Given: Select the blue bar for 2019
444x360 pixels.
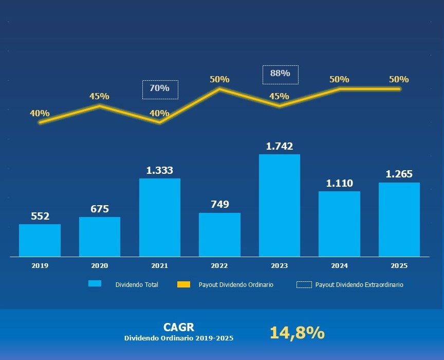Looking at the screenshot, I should (x=40, y=240).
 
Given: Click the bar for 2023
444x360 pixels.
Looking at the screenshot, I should (x=280, y=205).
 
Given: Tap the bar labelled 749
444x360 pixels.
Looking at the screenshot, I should (x=219, y=235).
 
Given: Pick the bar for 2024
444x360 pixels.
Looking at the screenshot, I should (x=339, y=224).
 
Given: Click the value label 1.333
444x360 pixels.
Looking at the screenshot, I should (x=159, y=170).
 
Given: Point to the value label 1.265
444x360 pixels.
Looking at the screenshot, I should (x=399, y=174).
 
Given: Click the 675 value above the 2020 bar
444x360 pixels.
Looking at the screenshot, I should (x=99, y=209).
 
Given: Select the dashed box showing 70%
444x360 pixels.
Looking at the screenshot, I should (x=160, y=89).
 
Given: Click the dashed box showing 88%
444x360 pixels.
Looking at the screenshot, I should (x=280, y=74).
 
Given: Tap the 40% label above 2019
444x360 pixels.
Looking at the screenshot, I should (x=40, y=113).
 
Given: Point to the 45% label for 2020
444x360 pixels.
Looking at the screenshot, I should (x=99, y=96).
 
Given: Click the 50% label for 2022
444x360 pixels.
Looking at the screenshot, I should (x=219, y=79).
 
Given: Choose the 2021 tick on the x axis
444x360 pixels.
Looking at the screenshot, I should (x=159, y=266).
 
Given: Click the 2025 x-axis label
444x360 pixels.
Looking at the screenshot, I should (x=399, y=266).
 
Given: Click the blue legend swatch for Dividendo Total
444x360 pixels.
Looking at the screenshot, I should (x=95, y=284).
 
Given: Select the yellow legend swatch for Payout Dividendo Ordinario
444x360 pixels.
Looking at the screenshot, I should (x=183, y=284).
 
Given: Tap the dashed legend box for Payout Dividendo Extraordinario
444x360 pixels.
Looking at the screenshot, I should (x=304, y=284).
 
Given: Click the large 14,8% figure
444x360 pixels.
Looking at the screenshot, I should (x=297, y=333).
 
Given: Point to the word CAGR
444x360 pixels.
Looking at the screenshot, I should (x=178, y=327).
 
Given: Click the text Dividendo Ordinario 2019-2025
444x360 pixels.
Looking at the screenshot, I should (x=179, y=338).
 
